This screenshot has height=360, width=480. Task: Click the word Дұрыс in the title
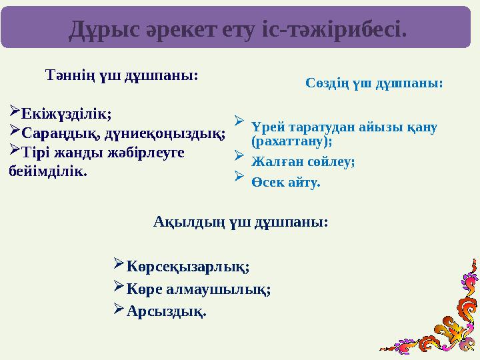coord(104,30)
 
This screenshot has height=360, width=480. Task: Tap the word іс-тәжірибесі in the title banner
coord(335,30)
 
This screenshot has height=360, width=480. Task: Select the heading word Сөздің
coord(327,83)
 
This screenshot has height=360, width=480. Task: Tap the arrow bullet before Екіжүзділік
coord(15,110)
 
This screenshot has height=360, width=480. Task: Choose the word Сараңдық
coord(60,133)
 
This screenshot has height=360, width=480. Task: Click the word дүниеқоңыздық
coord(164,134)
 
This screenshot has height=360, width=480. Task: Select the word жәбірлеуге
coord(146,153)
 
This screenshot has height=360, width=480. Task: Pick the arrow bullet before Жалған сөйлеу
coord(239,155)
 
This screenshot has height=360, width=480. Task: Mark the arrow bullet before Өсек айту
coord(239,176)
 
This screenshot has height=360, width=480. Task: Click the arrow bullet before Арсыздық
coord(119,309)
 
